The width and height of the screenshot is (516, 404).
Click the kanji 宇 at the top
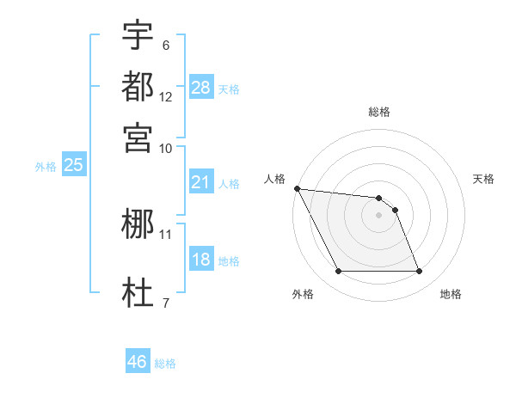(x=138, y=35)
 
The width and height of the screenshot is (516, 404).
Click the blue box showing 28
(x=201, y=88)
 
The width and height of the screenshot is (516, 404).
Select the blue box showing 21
(x=200, y=182)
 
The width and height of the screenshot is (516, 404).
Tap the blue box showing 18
(x=200, y=260)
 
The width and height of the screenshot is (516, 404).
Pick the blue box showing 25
(x=73, y=166)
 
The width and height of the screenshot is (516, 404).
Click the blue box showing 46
(x=138, y=362)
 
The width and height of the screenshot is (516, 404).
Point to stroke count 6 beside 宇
(x=165, y=46)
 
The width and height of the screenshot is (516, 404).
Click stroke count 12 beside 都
(x=166, y=97)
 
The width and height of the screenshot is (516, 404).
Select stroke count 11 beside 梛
(x=166, y=234)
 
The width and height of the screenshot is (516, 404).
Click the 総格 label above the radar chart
(x=378, y=113)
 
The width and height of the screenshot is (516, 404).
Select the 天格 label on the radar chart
(x=483, y=179)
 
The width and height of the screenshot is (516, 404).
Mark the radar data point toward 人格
(x=297, y=188)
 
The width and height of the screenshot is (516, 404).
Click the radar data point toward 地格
(x=419, y=272)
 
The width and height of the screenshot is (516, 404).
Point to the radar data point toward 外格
(x=338, y=272)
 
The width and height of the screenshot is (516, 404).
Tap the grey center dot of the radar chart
(x=378, y=214)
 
